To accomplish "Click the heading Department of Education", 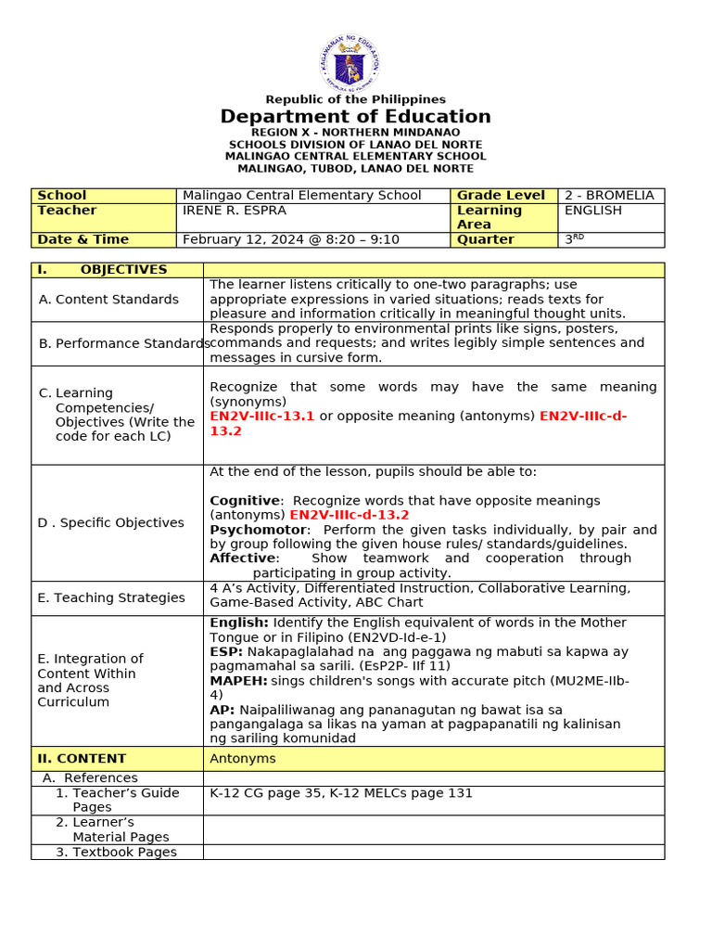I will [355, 117].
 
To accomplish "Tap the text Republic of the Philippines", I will [355, 99].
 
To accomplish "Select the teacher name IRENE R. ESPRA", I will [233, 211].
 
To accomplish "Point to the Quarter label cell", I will [485, 239].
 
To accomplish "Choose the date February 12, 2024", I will [240, 239].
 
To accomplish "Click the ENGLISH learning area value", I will [592, 211].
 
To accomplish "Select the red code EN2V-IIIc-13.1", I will [262, 417].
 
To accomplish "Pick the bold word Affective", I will [242, 558].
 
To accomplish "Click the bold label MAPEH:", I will [238, 681].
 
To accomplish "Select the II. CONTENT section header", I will [82, 759].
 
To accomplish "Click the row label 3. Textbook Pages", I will [116, 852].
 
